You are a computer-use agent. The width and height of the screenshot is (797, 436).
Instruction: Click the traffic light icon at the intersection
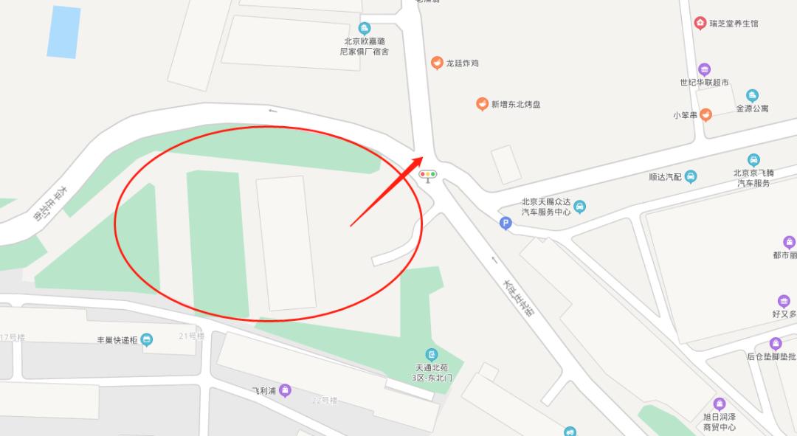click(x=428, y=175)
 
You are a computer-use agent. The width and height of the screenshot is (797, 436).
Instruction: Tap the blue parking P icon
click(x=506, y=224)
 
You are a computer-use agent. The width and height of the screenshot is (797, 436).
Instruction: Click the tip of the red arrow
click(x=423, y=157)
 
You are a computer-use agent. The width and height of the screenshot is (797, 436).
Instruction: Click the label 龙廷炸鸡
click(x=462, y=63)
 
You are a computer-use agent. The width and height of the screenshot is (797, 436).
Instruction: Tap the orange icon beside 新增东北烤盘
click(x=482, y=104)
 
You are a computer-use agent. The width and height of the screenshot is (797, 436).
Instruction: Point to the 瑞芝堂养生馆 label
click(x=734, y=24)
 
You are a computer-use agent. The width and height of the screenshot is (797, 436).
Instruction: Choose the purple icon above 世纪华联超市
click(x=704, y=69)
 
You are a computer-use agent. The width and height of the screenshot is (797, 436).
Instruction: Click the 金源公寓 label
click(x=752, y=108)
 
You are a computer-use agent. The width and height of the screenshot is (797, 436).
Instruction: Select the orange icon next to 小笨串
click(x=705, y=114)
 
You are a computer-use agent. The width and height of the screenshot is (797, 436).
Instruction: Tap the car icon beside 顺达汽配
click(x=690, y=176)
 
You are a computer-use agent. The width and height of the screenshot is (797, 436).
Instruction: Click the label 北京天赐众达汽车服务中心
click(x=546, y=207)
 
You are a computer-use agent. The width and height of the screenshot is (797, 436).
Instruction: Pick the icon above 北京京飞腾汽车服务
click(x=753, y=160)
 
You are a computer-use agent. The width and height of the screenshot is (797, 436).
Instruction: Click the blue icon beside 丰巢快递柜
click(x=148, y=340)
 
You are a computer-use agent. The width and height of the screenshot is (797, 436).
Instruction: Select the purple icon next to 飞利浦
click(x=285, y=390)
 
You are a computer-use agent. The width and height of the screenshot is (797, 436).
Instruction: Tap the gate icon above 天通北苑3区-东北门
click(x=432, y=355)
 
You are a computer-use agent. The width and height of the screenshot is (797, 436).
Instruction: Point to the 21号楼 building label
click(x=190, y=336)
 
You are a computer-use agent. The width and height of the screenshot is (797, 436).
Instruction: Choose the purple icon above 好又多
click(x=784, y=300)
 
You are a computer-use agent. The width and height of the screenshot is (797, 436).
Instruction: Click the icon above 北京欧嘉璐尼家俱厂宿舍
click(x=364, y=28)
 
